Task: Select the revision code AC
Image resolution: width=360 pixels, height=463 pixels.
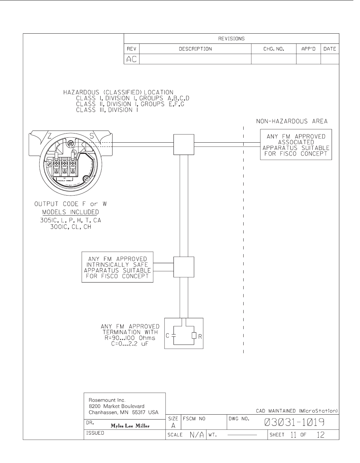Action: tap(131, 60)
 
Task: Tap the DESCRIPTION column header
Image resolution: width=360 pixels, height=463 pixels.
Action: tap(195, 49)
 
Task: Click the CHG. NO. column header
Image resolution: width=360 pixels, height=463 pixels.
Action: tap(273, 49)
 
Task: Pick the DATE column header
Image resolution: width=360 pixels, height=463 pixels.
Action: tap(330, 49)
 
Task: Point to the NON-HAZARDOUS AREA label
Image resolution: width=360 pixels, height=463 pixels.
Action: tap(292, 121)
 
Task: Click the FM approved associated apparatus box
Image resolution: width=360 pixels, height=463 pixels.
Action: tap(296, 145)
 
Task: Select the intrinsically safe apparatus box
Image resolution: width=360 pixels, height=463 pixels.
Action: tap(117, 267)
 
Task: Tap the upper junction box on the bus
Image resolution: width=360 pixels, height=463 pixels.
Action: tap(184, 144)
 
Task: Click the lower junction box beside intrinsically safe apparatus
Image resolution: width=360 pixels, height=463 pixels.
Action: tap(184, 267)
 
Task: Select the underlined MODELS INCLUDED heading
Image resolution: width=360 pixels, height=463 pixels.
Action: tap(70, 212)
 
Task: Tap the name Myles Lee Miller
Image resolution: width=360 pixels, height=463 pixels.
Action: tap(130, 426)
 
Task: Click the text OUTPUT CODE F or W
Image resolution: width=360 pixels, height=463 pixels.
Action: tap(70, 204)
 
